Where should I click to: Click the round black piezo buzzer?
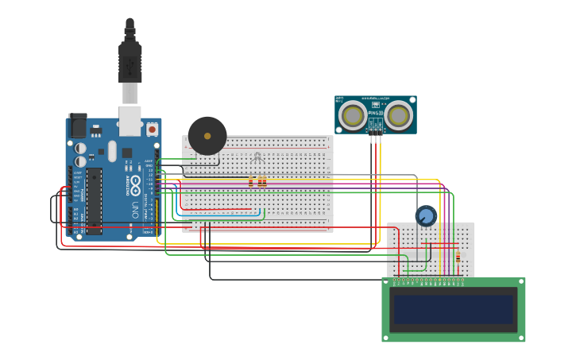click(207, 136)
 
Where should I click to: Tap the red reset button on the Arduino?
click(152, 129)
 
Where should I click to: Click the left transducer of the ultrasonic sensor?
click(353, 116)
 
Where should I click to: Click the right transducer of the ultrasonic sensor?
click(399, 116)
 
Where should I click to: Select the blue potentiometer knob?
click(426, 215)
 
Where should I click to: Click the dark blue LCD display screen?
click(453, 309)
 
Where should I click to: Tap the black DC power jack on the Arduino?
click(78, 126)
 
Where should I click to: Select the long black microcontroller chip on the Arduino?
click(94, 201)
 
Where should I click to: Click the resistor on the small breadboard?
click(458, 257)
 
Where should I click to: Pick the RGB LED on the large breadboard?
click(257, 158)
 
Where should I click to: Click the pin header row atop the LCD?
click(429, 281)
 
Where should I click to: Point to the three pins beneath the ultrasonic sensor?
click(375, 138)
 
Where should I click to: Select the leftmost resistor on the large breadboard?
click(251, 182)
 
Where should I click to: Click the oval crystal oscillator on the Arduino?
click(112, 150)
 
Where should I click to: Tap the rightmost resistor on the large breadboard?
click(264, 182)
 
